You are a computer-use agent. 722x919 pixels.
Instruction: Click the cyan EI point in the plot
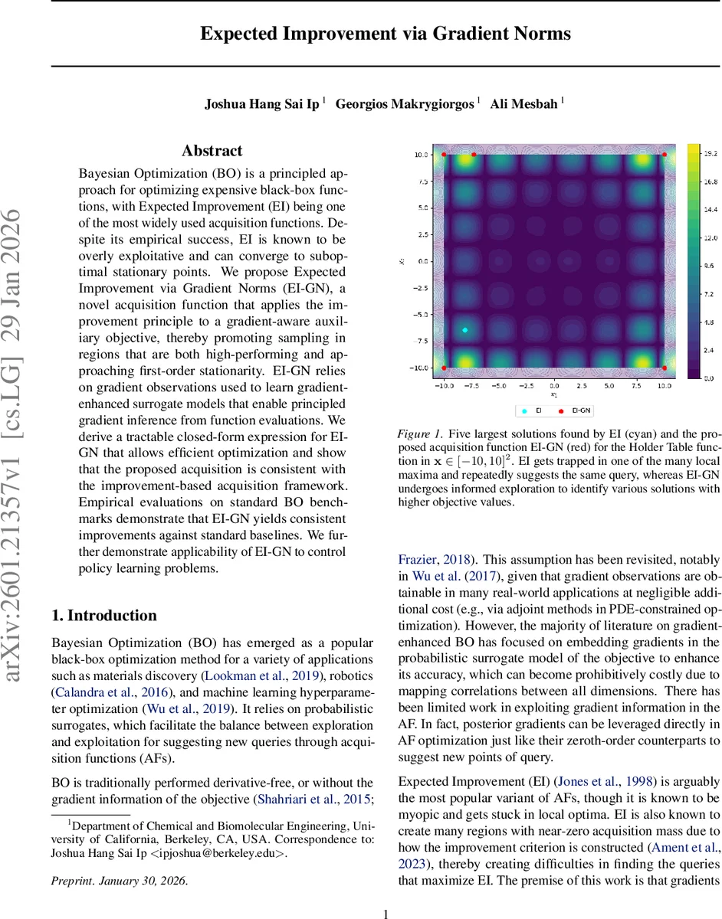pyautogui.click(x=465, y=329)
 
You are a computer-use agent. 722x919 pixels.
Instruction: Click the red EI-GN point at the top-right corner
pyautogui.click(x=665, y=155)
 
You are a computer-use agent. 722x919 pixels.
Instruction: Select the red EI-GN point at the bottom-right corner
pyautogui.click(x=665, y=368)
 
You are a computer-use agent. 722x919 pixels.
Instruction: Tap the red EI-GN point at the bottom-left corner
pyautogui.click(x=444, y=368)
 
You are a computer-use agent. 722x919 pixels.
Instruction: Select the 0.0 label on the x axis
pyautogui.click(x=554, y=387)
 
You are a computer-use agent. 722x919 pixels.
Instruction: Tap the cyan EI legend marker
pyautogui.click(x=524, y=411)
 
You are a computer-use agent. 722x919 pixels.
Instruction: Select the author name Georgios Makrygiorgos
pyautogui.click(x=405, y=103)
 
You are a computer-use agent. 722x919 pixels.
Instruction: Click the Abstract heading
pyautogui.click(x=212, y=151)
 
